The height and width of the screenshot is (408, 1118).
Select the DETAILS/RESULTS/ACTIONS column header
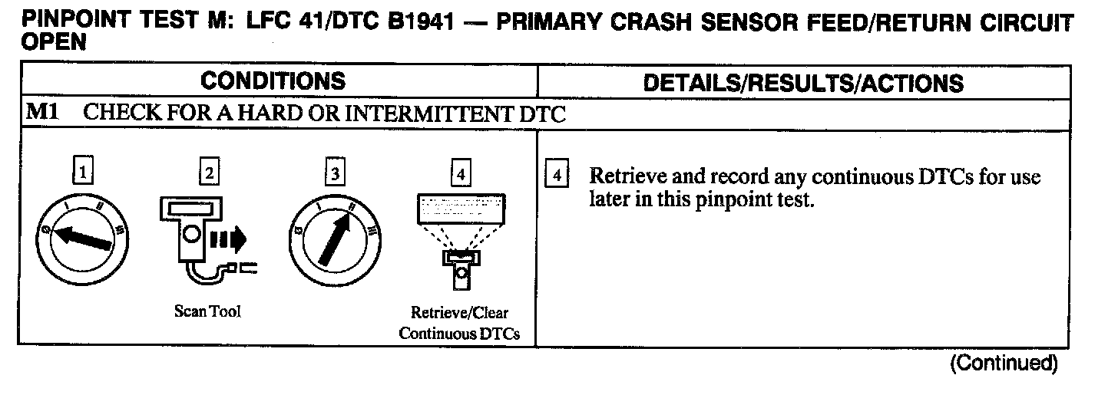pos(802,83)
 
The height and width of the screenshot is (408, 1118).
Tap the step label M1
pos(40,114)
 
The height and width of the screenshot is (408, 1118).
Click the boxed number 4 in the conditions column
pos(460,175)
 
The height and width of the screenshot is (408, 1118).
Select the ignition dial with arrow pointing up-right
pos(334,234)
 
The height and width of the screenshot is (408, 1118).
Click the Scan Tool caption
pos(207,312)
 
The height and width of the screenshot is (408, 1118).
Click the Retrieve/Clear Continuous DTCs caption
pos(459,323)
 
